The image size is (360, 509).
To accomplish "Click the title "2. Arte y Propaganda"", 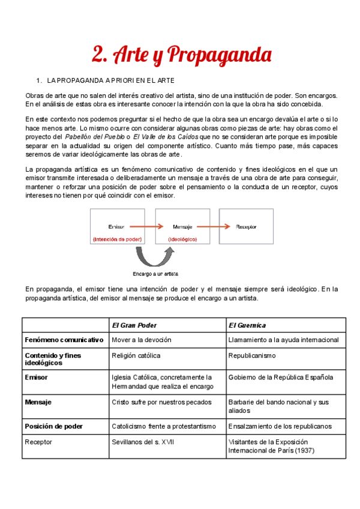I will point(182,55).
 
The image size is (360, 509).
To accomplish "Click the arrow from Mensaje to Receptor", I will point(220,227).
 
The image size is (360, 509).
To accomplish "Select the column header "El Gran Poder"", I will point(134,325).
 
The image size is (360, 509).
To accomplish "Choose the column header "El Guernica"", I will point(247,325).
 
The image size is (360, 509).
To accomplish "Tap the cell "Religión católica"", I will point(136,355).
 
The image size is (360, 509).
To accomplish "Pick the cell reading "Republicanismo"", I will point(252,355).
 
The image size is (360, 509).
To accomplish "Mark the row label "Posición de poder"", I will point(54,426).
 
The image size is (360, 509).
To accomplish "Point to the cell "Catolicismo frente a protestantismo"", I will point(163,426).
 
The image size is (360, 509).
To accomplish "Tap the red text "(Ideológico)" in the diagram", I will point(182,239).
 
